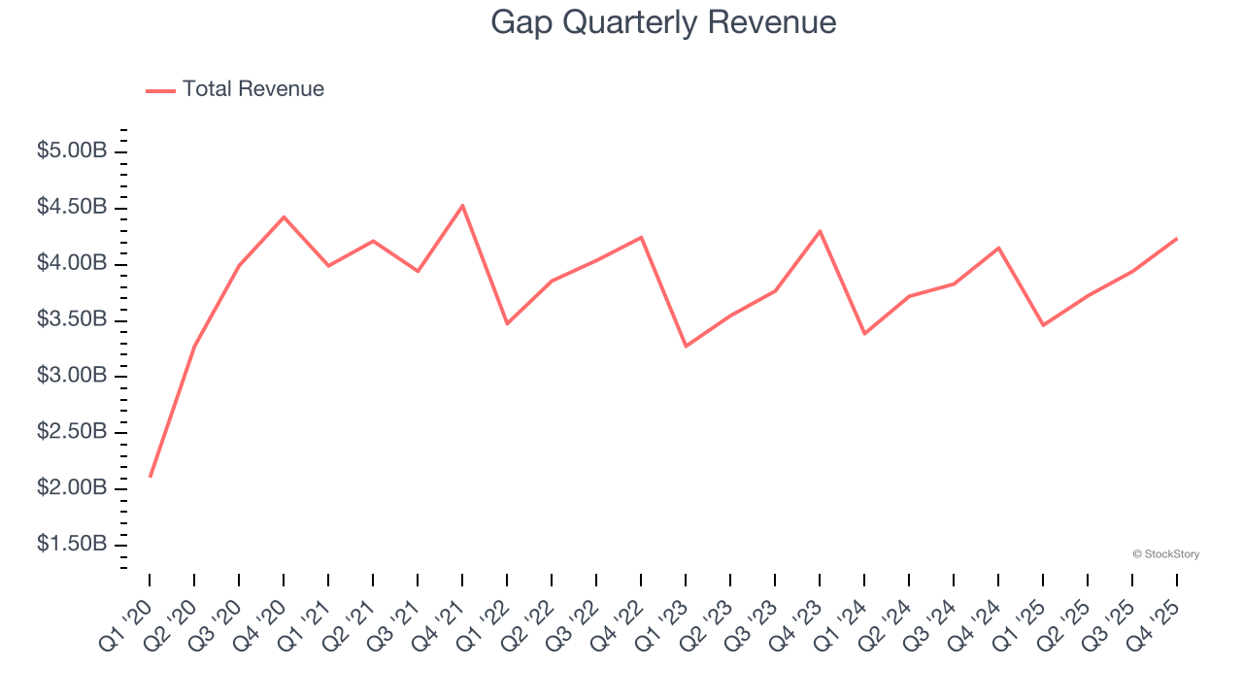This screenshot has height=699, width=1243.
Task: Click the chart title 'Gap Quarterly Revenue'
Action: [x=663, y=21]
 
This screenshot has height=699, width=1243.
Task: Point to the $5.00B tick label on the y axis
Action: [x=72, y=151]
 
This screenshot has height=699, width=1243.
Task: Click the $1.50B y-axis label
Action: [x=72, y=544]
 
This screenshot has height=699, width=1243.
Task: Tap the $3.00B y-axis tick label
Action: [x=72, y=376]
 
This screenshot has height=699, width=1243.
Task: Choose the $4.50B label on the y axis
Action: [x=72, y=208]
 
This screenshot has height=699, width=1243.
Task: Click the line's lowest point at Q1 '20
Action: [x=150, y=476]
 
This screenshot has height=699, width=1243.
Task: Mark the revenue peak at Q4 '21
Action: [x=462, y=205]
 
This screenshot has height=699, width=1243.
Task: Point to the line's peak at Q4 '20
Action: [x=284, y=216]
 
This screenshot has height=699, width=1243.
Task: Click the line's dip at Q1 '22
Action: [x=507, y=323]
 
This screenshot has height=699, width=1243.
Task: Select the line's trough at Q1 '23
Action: [x=686, y=346]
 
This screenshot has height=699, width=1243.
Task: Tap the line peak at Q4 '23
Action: [x=820, y=231]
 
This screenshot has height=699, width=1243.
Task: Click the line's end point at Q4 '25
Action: [x=1177, y=238]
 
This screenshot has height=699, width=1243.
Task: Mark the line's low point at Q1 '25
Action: [x=1043, y=324]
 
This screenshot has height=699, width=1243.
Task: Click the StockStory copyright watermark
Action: [x=1165, y=554]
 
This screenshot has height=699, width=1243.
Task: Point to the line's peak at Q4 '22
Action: [x=641, y=237]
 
